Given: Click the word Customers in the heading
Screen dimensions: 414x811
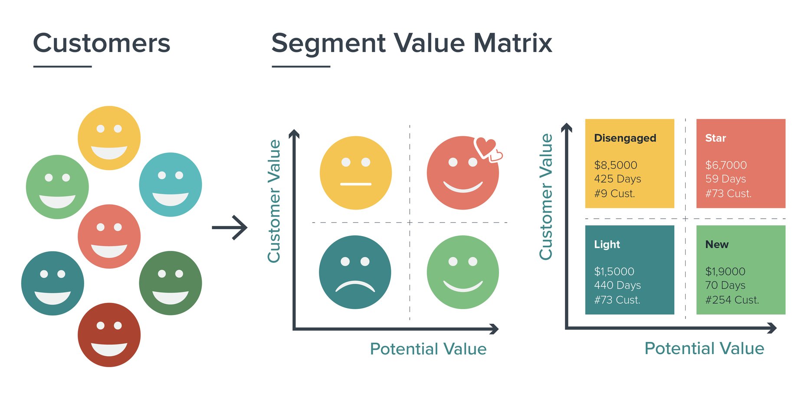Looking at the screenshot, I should pyautogui.click(x=102, y=43).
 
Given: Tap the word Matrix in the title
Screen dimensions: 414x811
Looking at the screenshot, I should pyautogui.click(x=512, y=43).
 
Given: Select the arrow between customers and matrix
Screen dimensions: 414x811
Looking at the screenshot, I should pyautogui.click(x=230, y=227).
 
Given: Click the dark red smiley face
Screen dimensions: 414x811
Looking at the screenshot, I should pyautogui.click(x=109, y=335).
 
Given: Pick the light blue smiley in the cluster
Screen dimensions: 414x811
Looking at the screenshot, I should pyautogui.click(x=170, y=184).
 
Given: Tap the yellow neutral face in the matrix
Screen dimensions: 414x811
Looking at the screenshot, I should pyautogui.click(x=355, y=173).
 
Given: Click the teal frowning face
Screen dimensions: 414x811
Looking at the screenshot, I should pyautogui.click(x=355, y=272).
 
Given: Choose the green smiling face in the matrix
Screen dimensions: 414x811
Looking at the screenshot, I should pyautogui.click(x=463, y=272).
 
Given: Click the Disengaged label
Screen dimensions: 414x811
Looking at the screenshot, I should pyautogui.click(x=625, y=138).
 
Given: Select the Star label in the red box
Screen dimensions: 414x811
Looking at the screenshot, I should pyautogui.click(x=715, y=138).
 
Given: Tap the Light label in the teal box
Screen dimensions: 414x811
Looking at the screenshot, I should pyautogui.click(x=607, y=244).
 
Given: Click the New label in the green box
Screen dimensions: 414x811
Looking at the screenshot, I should pyautogui.click(x=716, y=244).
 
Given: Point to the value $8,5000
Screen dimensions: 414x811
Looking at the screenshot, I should pyautogui.click(x=615, y=165).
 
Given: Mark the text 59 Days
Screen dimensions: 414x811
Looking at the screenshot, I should pyautogui.click(x=725, y=179).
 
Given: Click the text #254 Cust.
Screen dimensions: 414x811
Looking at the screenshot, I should pyautogui.click(x=732, y=300).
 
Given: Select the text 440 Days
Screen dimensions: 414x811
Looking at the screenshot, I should pyautogui.click(x=617, y=285).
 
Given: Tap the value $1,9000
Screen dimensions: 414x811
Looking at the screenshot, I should pyautogui.click(x=725, y=271).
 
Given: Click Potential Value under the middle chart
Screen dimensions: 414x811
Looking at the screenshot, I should pyautogui.click(x=428, y=349).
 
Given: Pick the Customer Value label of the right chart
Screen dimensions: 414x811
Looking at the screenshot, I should pyautogui.click(x=545, y=197).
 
